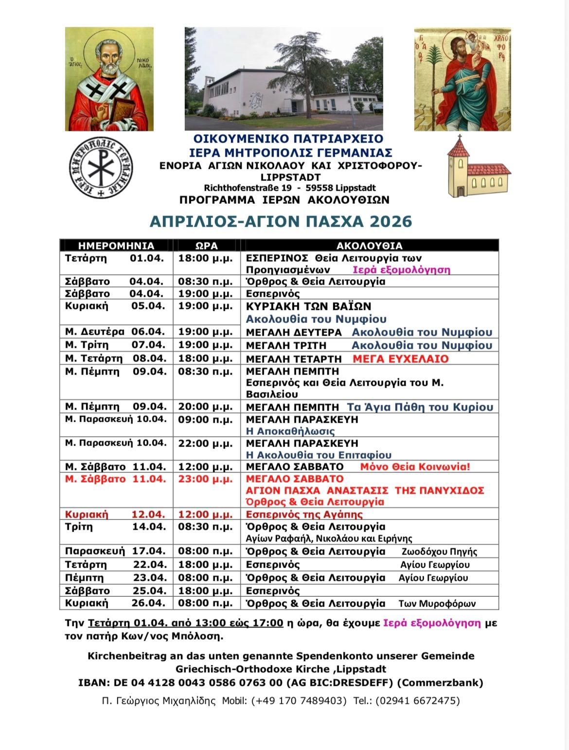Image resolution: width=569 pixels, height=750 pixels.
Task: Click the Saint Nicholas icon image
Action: click(x=109, y=79)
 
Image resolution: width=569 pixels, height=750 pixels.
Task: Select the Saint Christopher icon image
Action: click(x=462, y=79)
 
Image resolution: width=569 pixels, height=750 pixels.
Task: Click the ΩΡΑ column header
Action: click(x=206, y=246)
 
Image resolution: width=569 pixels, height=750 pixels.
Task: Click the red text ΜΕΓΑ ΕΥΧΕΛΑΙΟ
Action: click(x=400, y=359)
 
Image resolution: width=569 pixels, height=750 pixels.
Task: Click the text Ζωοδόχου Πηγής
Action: click(x=439, y=552)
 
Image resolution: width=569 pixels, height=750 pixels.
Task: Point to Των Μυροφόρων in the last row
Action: click(x=437, y=604)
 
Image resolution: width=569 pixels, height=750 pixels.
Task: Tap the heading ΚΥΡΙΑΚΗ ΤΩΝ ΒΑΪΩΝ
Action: click(x=309, y=306)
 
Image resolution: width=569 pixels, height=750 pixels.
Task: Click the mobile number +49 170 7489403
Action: click(x=299, y=701)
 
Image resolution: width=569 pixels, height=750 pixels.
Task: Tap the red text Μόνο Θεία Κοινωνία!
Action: click(x=415, y=467)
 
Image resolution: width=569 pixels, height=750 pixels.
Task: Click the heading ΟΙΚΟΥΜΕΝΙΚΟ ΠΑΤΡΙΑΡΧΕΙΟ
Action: click(x=288, y=139)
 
